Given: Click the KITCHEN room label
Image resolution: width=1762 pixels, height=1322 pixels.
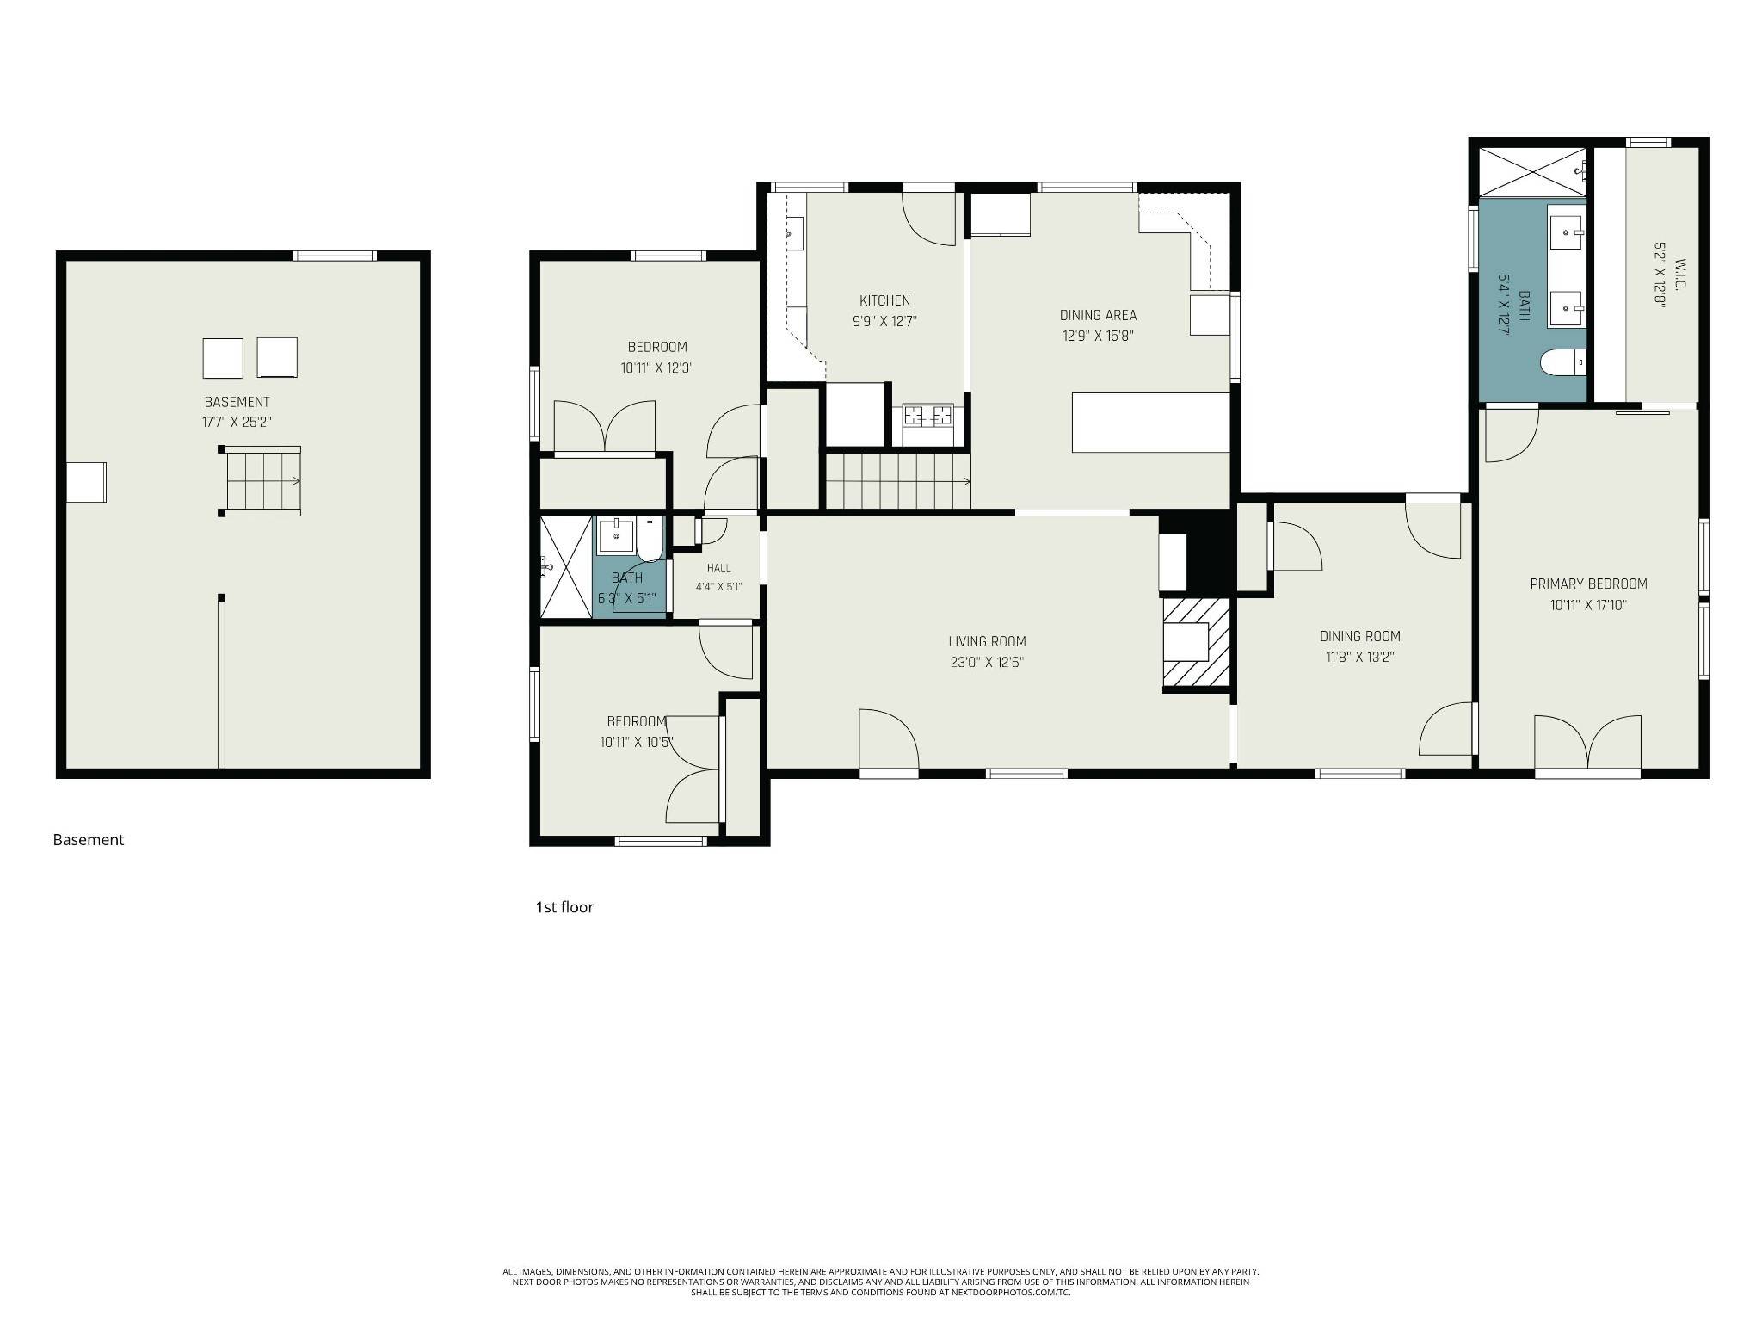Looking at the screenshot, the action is (x=884, y=300).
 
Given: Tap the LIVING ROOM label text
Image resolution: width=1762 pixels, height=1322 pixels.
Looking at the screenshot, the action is (x=987, y=641).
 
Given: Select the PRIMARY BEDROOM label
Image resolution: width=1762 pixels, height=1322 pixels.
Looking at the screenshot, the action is (x=1588, y=584).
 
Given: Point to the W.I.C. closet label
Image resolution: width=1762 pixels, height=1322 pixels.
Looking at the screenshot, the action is (x=1679, y=274).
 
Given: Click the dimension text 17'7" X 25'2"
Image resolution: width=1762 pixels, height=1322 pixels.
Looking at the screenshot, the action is (x=237, y=423).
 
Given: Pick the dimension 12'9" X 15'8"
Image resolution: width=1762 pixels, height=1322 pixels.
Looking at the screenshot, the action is (x=1098, y=336).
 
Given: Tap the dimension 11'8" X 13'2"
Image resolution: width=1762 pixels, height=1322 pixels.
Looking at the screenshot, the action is (x=1359, y=657).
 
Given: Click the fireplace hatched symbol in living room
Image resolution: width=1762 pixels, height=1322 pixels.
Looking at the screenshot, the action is (x=1197, y=644).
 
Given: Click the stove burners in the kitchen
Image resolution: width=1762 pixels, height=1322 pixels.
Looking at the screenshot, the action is (x=927, y=416).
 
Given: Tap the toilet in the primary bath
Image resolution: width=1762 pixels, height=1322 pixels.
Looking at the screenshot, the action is (x=1562, y=362).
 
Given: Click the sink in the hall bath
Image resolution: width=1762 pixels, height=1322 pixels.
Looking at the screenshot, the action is (x=616, y=535).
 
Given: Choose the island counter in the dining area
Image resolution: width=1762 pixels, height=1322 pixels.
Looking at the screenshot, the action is (x=1150, y=423).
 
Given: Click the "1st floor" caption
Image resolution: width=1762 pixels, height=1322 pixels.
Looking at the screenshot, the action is (x=564, y=907).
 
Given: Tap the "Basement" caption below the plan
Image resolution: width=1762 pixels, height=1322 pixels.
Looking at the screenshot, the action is (x=89, y=840).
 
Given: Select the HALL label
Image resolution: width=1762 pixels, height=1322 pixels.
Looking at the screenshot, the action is (x=719, y=568).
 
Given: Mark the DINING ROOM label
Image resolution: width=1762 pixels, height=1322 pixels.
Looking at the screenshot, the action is (x=1360, y=636).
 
